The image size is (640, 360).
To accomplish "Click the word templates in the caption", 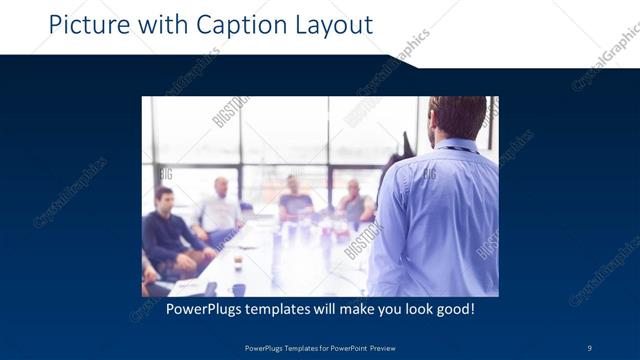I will click(x=283, y=309).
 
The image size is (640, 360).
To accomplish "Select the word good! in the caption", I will click(x=455, y=309).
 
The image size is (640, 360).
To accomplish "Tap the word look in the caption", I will click(x=413, y=309).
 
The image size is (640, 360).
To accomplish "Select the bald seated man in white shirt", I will click(x=221, y=208).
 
